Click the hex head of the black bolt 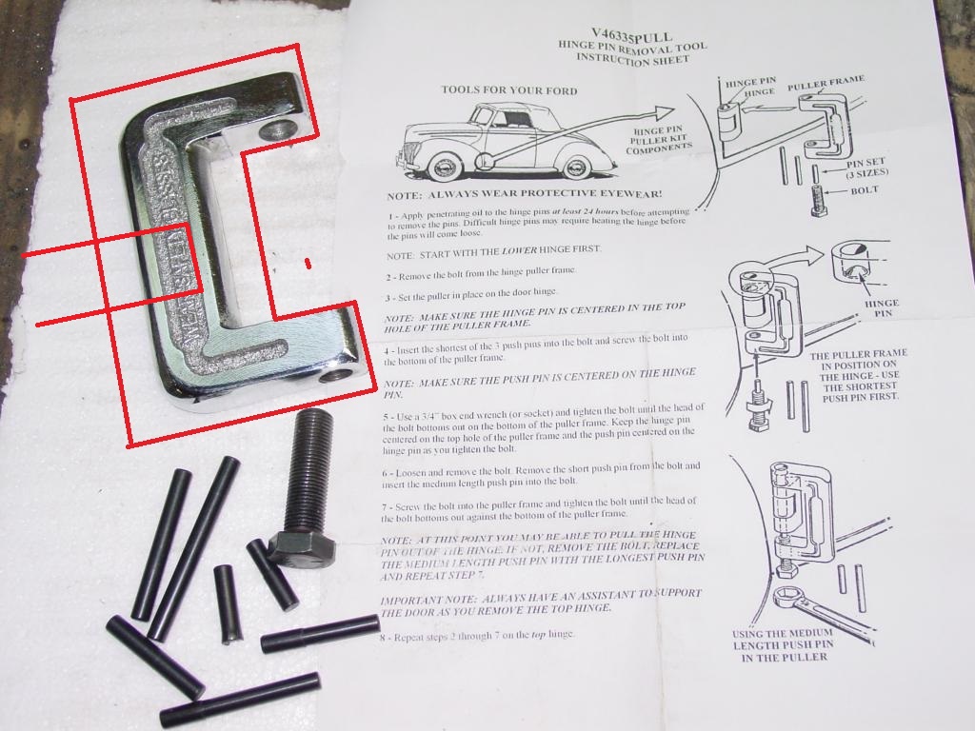301,548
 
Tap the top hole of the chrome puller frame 278,129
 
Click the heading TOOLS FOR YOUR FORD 508,90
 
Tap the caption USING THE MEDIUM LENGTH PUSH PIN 783,644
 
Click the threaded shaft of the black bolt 308,470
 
